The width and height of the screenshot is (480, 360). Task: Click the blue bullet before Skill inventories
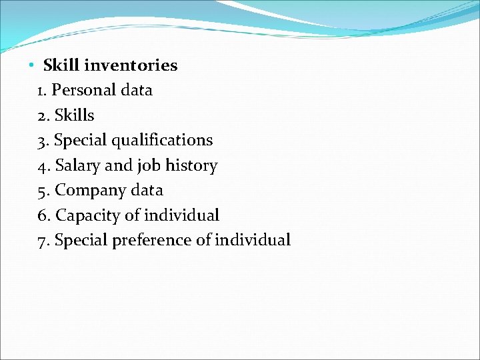tap(31, 66)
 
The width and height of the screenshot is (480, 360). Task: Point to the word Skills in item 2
tap(74, 115)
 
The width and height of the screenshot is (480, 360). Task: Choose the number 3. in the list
tap(44, 141)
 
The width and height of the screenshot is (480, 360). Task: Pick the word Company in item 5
tap(89, 191)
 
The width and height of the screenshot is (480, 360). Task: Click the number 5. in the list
tap(44, 191)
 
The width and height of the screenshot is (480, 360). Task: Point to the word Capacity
tap(85, 216)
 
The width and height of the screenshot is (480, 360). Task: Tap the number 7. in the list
tap(44, 240)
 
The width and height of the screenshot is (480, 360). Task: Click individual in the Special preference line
tap(253, 240)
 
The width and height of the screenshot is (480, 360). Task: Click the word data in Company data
tap(147, 190)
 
